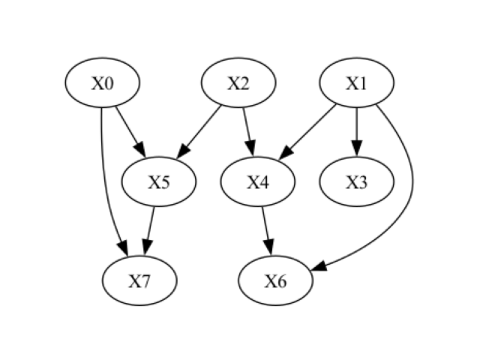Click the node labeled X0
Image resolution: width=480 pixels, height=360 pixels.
(x=103, y=83)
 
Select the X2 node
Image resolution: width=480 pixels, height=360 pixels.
(x=238, y=83)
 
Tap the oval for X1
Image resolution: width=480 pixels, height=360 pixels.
(x=356, y=83)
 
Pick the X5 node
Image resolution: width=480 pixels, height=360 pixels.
(x=158, y=182)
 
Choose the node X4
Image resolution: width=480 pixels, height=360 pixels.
(x=258, y=182)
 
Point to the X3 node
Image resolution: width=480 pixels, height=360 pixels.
(x=356, y=182)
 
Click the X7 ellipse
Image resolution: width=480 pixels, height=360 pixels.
(x=140, y=281)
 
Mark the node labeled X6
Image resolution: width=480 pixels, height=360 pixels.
(x=275, y=281)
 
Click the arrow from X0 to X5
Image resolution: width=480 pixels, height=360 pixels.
(x=128, y=130)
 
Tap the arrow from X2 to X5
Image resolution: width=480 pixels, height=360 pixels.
(x=199, y=131)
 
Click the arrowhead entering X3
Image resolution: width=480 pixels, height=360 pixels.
(x=356, y=149)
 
